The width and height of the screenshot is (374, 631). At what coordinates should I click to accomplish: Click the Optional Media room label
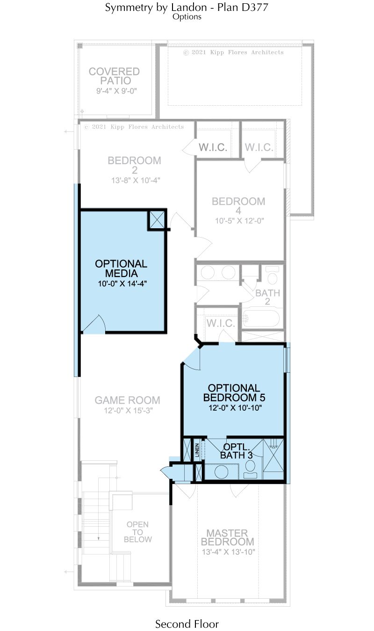coord(121,268)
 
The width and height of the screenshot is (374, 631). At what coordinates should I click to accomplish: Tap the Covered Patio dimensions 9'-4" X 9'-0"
coord(116,91)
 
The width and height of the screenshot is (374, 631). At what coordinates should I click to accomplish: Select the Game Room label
coord(127,400)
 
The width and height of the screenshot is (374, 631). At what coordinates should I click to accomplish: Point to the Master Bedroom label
coord(228,537)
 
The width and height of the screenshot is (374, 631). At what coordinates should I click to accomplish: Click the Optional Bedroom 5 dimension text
coord(235,407)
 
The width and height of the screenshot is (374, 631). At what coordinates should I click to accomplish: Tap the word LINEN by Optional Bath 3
coord(197,450)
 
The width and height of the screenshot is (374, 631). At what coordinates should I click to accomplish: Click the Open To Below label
coord(138,532)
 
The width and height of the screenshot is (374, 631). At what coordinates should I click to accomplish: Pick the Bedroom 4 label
coord(238,206)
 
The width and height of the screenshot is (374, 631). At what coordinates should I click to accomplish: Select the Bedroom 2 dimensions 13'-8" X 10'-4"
coord(136,180)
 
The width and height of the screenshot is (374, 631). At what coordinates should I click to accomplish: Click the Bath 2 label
coord(267,297)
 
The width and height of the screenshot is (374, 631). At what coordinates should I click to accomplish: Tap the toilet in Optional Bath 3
coord(250,469)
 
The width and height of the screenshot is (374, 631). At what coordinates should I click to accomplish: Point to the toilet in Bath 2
coord(273,275)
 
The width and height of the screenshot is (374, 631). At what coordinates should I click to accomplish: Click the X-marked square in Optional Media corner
coord(157,220)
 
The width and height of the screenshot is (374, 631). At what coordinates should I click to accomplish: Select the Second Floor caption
coord(187,624)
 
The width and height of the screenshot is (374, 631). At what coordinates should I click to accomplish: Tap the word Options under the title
coord(187,17)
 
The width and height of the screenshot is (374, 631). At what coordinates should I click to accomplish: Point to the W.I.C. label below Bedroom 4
coord(221,323)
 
